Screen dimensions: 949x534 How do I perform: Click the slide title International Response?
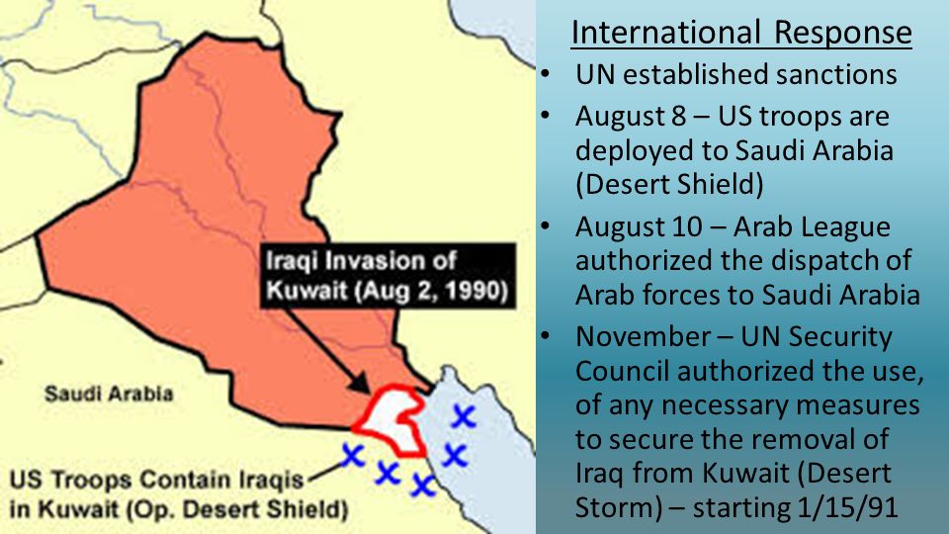(x=741, y=32)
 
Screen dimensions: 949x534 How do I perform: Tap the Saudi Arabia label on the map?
(x=109, y=395)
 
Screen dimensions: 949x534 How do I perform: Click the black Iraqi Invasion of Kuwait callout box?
(x=388, y=276)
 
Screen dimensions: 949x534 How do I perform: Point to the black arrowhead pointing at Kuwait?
(x=360, y=383)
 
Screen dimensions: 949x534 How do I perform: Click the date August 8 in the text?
(x=631, y=117)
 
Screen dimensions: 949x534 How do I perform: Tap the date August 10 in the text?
(x=639, y=227)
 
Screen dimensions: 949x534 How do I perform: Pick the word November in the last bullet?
(x=643, y=336)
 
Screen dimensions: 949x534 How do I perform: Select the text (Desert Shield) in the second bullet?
(x=669, y=185)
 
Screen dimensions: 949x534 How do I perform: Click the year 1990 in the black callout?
(x=472, y=291)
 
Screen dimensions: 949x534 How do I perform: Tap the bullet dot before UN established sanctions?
(x=546, y=75)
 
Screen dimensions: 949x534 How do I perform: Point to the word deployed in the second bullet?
(x=635, y=150)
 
